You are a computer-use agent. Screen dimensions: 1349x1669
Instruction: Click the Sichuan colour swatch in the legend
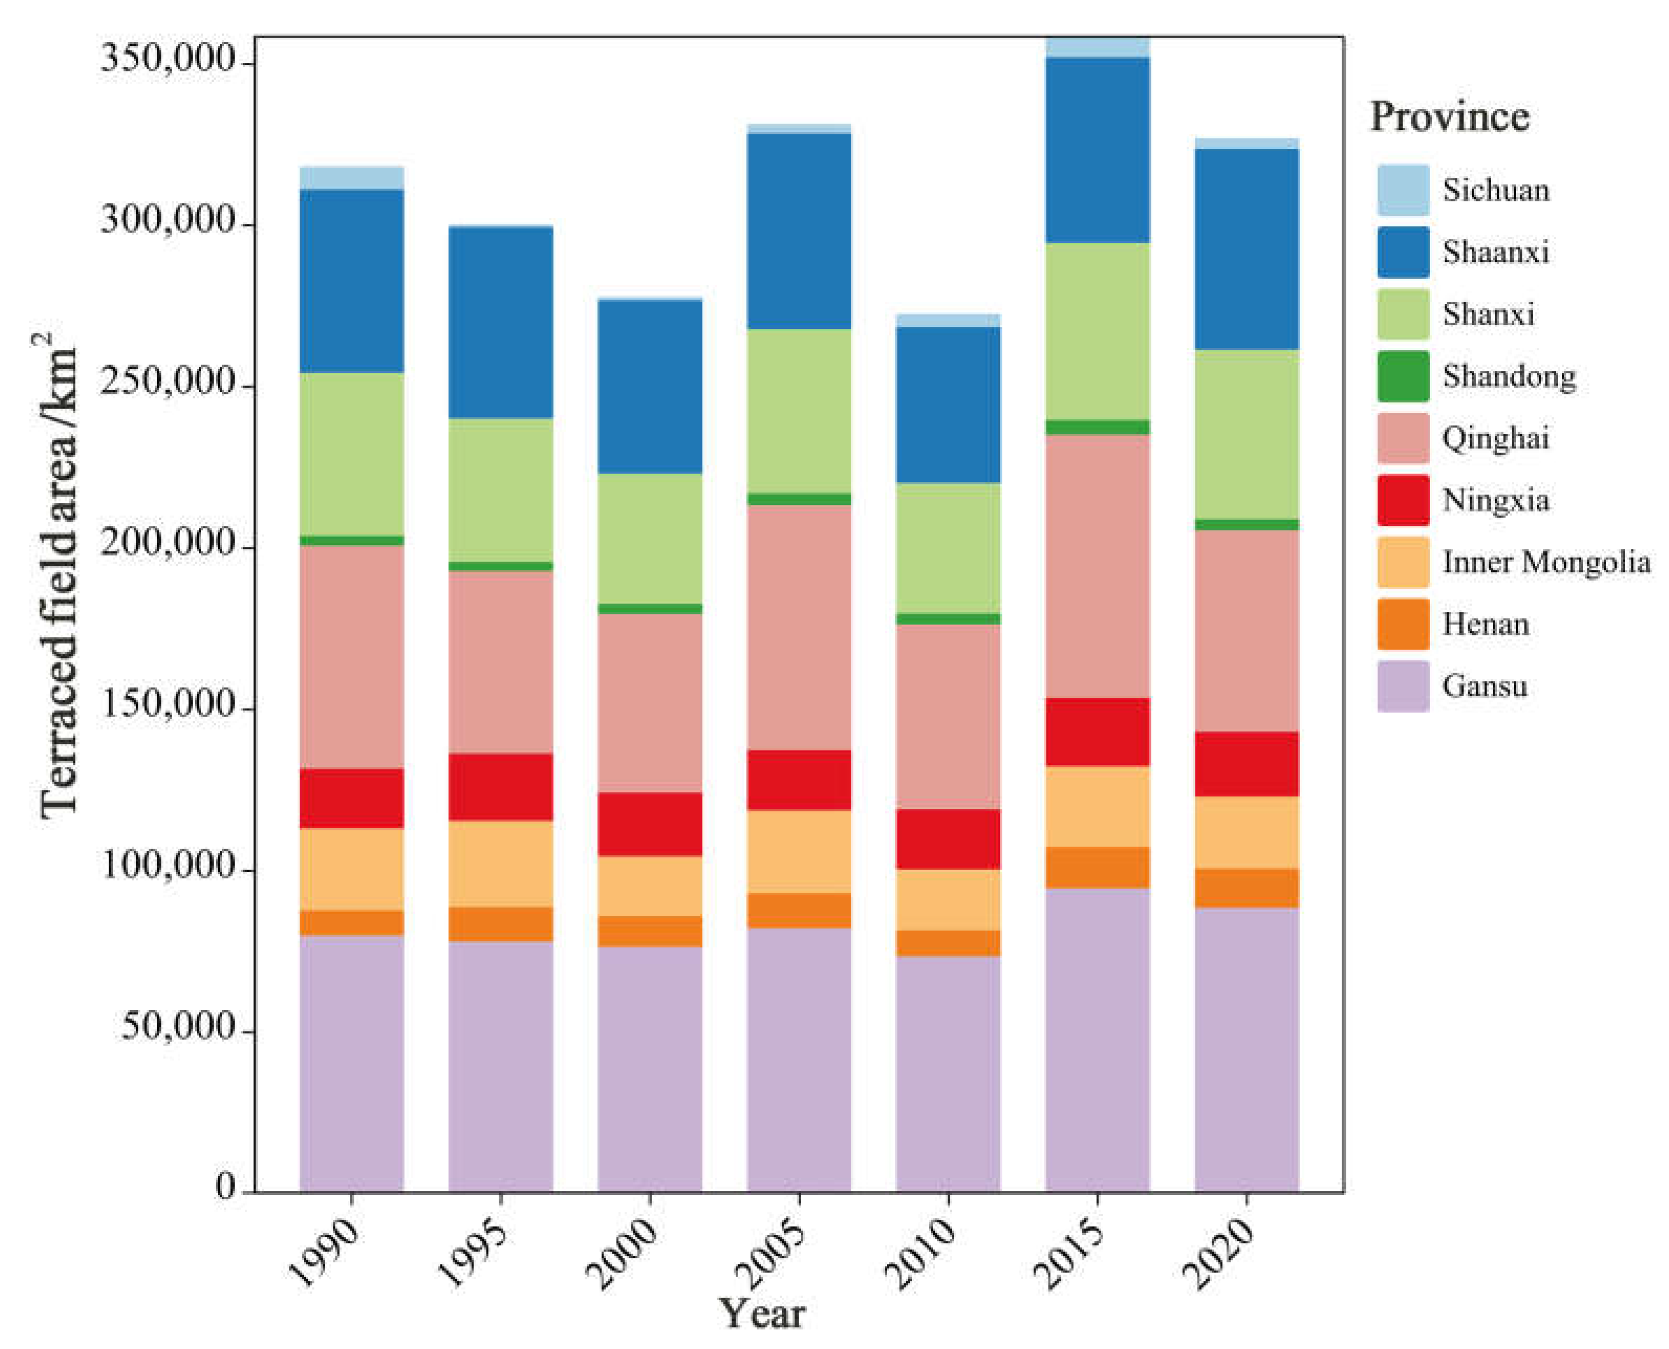coord(1402,190)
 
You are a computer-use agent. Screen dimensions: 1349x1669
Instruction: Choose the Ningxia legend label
coord(1495,500)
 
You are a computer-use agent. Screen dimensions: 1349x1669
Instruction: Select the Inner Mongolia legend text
coord(1545,562)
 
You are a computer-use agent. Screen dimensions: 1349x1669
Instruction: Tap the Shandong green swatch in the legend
coord(1402,376)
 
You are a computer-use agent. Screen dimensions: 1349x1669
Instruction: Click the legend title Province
coord(1448,117)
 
